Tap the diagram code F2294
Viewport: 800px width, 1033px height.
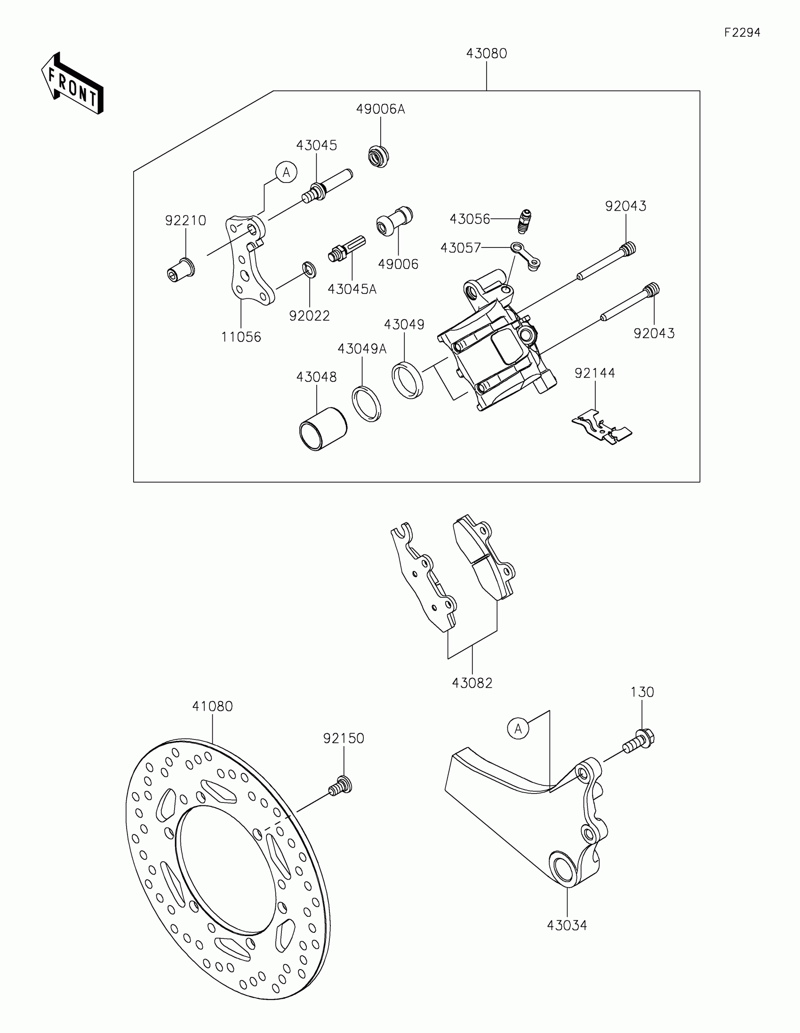pos(742,32)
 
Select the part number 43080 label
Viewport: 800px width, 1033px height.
pos(486,54)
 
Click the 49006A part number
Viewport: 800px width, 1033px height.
pos(380,109)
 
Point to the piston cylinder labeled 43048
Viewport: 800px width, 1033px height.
pos(323,428)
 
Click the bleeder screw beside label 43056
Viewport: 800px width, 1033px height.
pos(523,221)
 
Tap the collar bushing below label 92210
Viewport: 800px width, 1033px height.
pos(181,269)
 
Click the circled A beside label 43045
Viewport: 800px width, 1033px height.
pos(286,173)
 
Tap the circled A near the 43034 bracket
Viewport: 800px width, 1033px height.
pos(518,728)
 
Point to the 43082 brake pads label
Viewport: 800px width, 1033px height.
pos(472,683)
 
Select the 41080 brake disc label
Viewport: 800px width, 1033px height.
pos(212,706)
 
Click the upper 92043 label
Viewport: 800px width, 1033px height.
pos(625,206)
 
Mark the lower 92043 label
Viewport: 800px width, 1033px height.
pos(654,334)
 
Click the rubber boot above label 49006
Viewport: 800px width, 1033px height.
pos(394,221)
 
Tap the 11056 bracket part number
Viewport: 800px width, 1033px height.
pos(241,337)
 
